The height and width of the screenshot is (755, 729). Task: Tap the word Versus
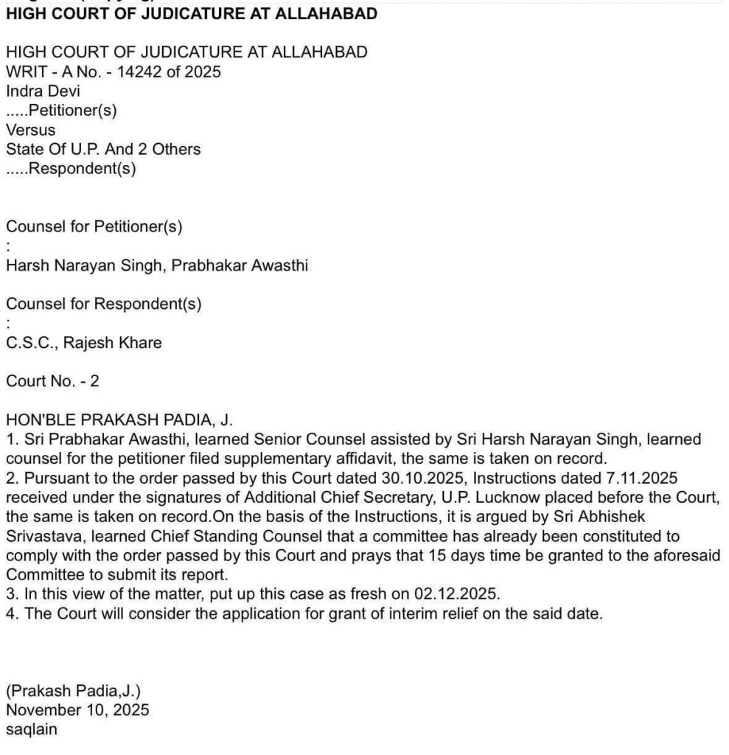(x=30, y=130)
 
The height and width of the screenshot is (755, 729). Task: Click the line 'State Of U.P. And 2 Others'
(x=103, y=149)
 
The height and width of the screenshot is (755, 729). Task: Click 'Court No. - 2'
(x=52, y=381)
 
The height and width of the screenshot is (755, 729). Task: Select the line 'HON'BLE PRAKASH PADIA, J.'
(x=119, y=421)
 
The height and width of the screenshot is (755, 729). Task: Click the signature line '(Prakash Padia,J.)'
(x=73, y=691)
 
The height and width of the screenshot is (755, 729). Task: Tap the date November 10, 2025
(x=77, y=710)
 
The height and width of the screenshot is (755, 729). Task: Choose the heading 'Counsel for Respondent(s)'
(x=103, y=303)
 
